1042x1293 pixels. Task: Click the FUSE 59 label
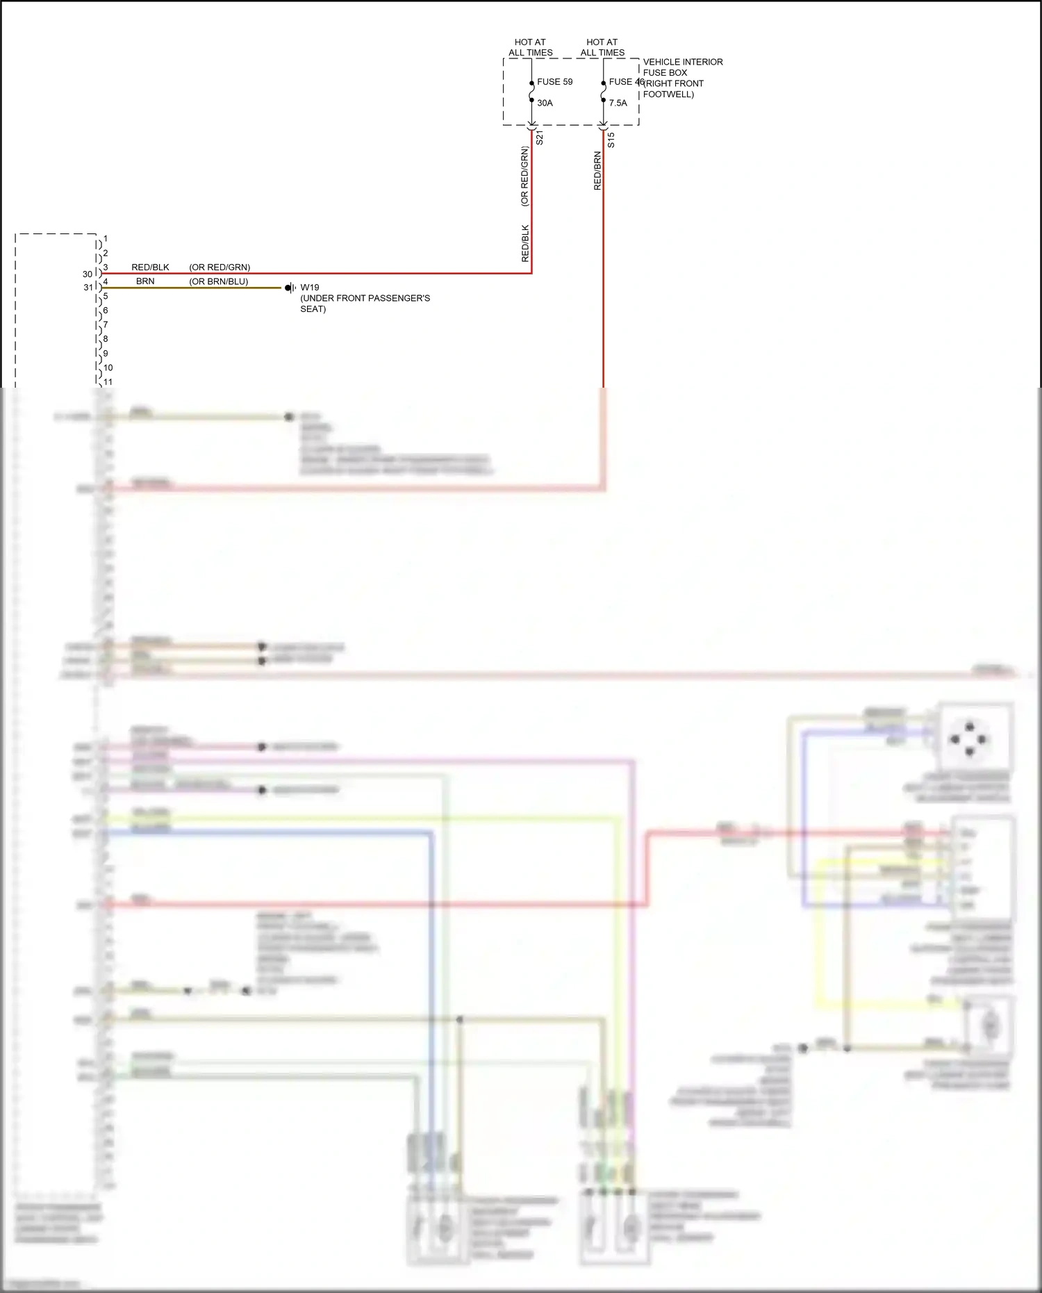point(554,82)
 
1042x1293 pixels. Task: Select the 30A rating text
point(545,103)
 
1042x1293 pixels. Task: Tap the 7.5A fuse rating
point(618,103)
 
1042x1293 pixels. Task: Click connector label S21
point(540,138)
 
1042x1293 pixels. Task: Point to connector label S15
point(611,140)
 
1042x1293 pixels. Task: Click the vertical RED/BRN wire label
point(597,171)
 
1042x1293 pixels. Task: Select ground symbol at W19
point(290,288)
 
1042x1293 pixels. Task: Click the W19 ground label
point(310,288)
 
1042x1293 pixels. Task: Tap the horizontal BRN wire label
point(145,281)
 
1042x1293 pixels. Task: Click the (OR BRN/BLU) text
point(218,281)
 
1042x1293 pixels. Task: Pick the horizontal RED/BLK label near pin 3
point(150,267)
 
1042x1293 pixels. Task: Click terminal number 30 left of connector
point(87,274)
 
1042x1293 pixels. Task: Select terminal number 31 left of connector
point(88,287)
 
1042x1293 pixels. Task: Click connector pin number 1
point(106,239)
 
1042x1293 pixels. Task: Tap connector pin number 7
point(106,324)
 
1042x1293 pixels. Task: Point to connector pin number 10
point(108,368)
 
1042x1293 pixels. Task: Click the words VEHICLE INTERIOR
point(682,62)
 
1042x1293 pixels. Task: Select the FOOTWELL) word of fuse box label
point(668,94)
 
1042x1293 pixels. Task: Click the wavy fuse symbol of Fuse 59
point(531,92)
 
